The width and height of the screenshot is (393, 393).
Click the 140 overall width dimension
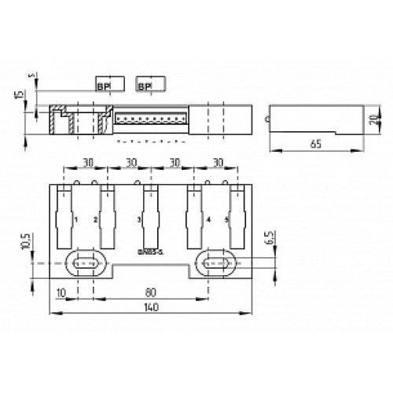click(152, 309)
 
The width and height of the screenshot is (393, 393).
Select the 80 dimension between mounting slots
click(152, 290)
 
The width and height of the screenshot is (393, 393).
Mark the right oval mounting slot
click(216, 263)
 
